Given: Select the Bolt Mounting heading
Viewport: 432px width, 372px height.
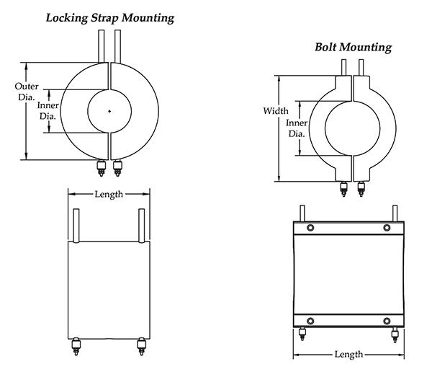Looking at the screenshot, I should [353, 48].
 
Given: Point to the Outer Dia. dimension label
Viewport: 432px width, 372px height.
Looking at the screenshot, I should [27, 92].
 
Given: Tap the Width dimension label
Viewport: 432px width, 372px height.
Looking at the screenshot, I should [275, 111].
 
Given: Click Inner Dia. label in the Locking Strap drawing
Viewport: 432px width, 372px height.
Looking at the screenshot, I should [48, 110].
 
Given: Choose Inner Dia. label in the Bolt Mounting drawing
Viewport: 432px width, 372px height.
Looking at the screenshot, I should [297, 128].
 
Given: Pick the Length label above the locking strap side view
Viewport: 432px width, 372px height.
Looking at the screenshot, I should [109, 194].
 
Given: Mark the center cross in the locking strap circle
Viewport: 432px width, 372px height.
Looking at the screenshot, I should [108, 111].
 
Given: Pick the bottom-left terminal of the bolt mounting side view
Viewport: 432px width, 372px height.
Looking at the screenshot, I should [301, 335].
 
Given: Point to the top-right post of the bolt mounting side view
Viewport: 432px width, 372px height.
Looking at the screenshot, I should [395, 213].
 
